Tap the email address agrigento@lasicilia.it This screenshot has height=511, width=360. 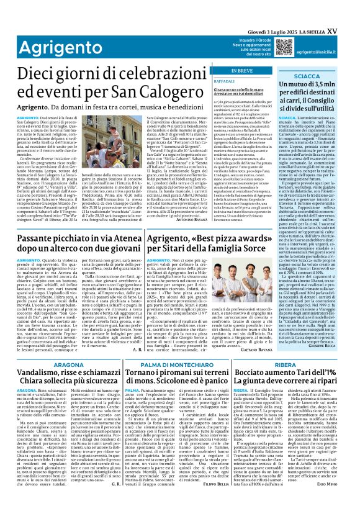click(324, 53)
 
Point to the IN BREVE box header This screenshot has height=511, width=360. click(240, 70)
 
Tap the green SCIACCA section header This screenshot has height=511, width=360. click(308, 75)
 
